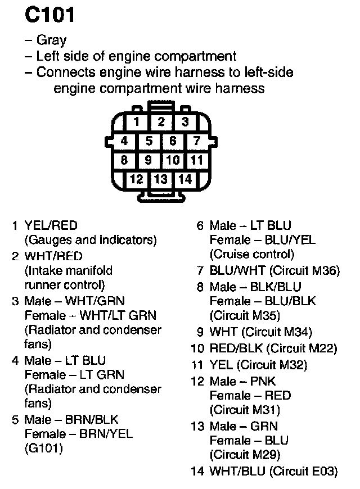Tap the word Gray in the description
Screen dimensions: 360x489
[x=51, y=40]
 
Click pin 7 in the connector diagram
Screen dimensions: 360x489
[x=197, y=141]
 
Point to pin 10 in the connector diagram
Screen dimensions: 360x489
[x=173, y=160]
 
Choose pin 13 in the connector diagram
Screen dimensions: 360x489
[x=161, y=179]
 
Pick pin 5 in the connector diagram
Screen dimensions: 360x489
[x=148, y=141]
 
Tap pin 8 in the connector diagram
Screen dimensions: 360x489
[x=125, y=160]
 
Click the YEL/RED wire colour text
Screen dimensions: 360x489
[x=51, y=226]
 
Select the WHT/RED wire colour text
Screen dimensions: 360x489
[x=53, y=256]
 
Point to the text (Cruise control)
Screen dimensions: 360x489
[x=252, y=254]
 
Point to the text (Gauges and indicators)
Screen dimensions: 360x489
[x=90, y=240]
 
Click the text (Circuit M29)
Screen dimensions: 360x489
[x=245, y=454]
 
